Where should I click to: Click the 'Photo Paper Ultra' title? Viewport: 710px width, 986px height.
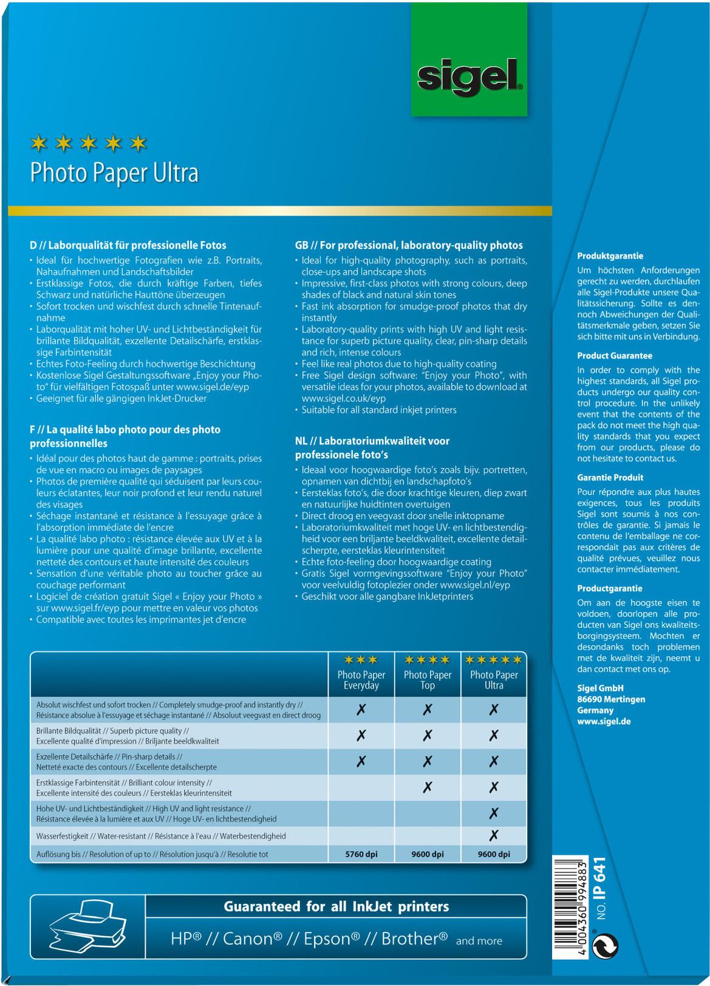(x=114, y=173)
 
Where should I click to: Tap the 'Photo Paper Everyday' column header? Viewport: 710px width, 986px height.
(x=361, y=680)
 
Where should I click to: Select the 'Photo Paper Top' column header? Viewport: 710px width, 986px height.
(x=428, y=680)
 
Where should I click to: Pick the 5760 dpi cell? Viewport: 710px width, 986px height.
(x=361, y=854)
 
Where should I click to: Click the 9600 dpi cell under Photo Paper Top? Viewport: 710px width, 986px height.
(x=428, y=854)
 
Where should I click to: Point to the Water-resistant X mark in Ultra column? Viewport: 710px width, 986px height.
(x=494, y=836)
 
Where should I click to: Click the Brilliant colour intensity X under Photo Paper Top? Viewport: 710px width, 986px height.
(x=428, y=787)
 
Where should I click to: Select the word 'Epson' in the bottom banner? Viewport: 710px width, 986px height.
(x=328, y=939)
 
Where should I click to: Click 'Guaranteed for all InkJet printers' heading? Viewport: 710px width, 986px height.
(x=336, y=906)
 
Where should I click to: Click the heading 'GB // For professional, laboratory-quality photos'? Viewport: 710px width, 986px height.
(x=409, y=245)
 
